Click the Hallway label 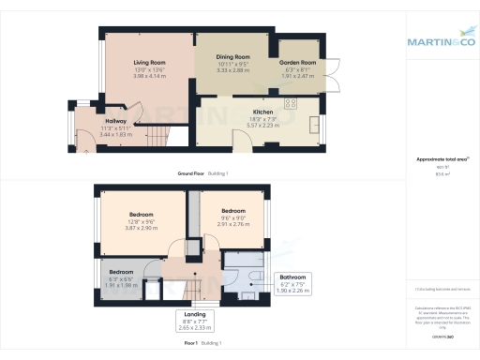coord(115,121)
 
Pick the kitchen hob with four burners coord(290,103)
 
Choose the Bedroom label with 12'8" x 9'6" coord(142,214)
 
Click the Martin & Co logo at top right coord(441,41)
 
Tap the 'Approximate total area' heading coord(440,159)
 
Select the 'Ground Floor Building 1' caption coord(202,174)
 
